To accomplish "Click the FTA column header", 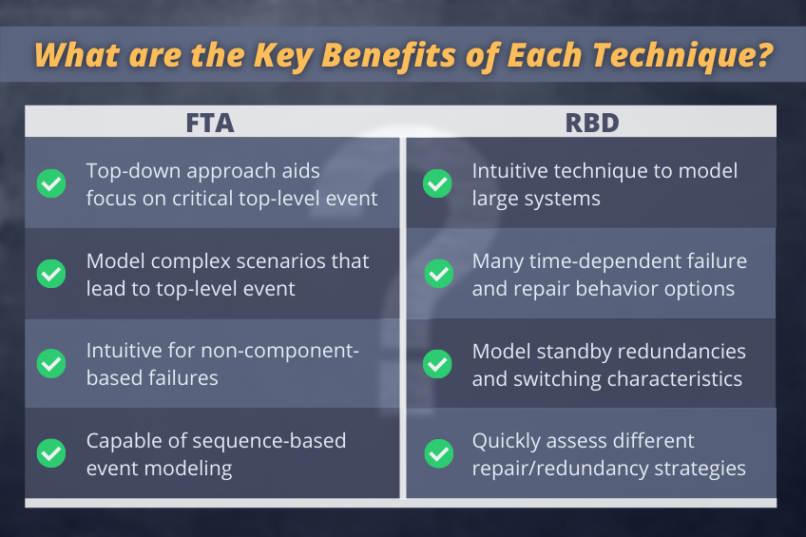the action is click(210, 123).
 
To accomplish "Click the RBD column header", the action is click(592, 123).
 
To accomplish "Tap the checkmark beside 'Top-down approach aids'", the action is click(51, 183).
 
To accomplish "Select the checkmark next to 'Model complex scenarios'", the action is click(51, 274).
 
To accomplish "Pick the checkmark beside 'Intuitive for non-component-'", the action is click(51, 364).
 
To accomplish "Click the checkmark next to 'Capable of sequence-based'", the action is click(51, 453).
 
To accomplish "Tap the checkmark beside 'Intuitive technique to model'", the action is click(437, 183).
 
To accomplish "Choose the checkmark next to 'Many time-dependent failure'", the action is click(439, 274).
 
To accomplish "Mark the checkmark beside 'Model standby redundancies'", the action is click(437, 364).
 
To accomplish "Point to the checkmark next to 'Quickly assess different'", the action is click(439, 453).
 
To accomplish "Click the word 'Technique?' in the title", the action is click(683, 55).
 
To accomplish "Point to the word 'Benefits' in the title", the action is click(389, 54).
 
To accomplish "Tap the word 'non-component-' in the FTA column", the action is click(279, 352).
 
